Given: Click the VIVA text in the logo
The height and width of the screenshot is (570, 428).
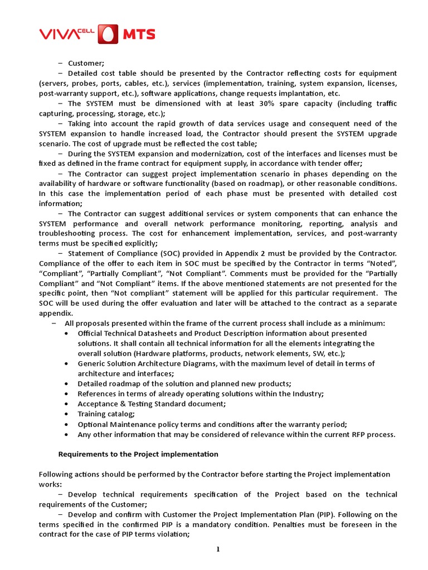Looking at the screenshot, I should coord(58,35).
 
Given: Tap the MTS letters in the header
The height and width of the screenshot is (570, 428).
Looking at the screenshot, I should coord(139,35).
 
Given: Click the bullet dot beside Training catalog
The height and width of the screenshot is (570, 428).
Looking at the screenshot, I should coord(67,414).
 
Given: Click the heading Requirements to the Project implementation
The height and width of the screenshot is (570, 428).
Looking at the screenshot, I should coord(138,454).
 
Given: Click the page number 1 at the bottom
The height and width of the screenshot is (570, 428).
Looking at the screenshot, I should coord(218,550).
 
